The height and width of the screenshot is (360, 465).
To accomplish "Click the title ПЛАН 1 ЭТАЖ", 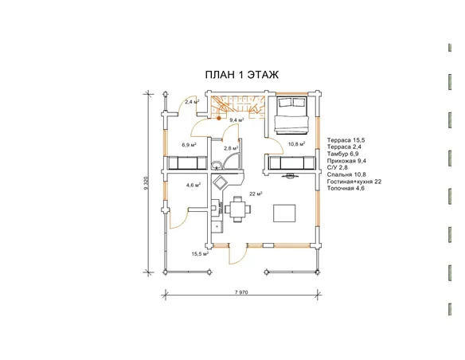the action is coord(242,75).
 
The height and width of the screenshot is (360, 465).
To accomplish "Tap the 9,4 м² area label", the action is coord(237,120).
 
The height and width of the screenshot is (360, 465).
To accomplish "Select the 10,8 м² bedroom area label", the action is coord(296,144).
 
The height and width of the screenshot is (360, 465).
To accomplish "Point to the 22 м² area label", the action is coord(256,194).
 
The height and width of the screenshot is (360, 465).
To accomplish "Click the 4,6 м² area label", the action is coord(193,185).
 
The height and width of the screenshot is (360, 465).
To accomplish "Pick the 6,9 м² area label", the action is coord(190,145).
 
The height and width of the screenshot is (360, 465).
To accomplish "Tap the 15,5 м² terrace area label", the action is coord(200,254).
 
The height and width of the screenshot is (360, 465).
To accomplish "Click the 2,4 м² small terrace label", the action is coord(192,102).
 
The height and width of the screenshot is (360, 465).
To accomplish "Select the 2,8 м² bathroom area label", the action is coord(231,147).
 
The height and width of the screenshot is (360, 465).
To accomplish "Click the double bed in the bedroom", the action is coord(291,115).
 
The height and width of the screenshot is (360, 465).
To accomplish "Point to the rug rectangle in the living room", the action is coord(284,213).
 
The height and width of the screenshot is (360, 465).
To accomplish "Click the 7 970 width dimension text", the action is coord(241,292).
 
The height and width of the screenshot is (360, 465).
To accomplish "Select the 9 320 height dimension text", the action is coord(146,183).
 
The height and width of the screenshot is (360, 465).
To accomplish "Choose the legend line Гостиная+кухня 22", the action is coord(354,182).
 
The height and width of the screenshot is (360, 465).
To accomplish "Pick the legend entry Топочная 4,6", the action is coord(346,188).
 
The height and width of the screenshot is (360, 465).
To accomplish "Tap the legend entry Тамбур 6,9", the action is coord(343,154).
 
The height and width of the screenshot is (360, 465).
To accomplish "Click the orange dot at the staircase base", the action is coord(219,118).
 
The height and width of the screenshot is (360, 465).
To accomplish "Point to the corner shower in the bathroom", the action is coord(232,162).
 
